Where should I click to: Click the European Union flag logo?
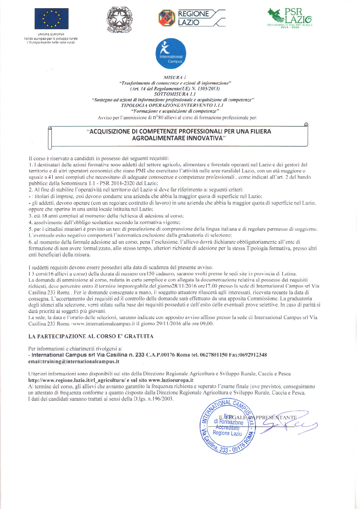(x=51, y=19)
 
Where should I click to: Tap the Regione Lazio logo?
(x=192, y=18)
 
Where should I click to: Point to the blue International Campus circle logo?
(x=171, y=54)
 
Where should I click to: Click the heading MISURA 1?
(x=175, y=77)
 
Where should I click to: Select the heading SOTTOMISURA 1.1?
(x=175, y=94)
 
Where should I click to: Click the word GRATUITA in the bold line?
(x=139, y=336)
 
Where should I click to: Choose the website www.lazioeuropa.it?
(x=171, y=380)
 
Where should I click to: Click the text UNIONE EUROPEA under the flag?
(x=51, y=34)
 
